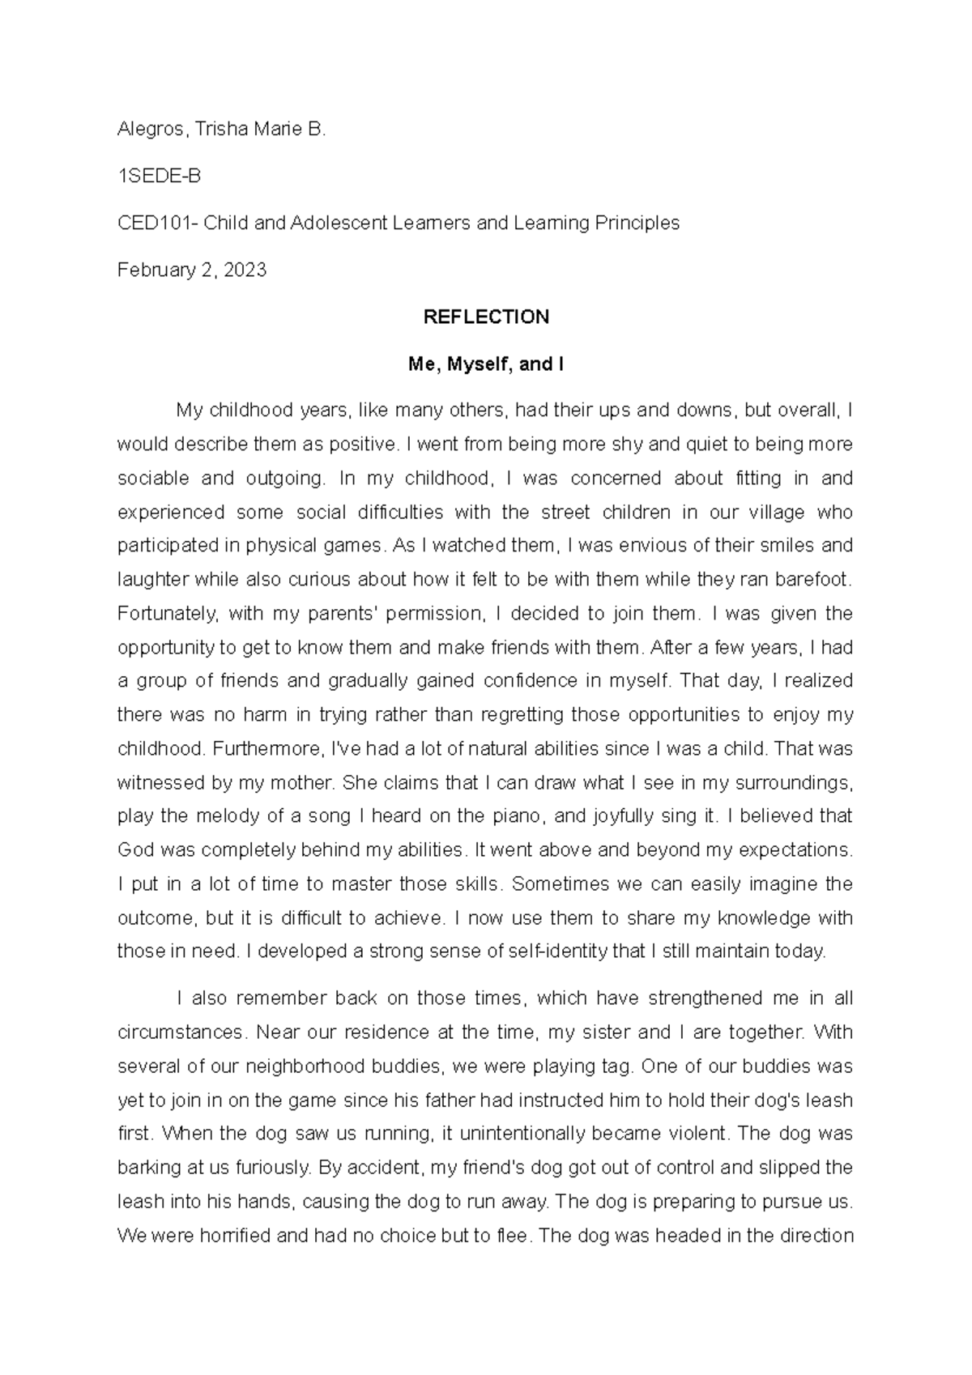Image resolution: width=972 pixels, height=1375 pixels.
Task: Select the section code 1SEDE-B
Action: click(159, 176)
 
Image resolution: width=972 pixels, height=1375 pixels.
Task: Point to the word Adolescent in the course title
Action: click(343, 223)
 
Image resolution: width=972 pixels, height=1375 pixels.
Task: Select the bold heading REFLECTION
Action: click(486, 317)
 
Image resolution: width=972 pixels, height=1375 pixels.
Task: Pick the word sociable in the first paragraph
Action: click(153, 479)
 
